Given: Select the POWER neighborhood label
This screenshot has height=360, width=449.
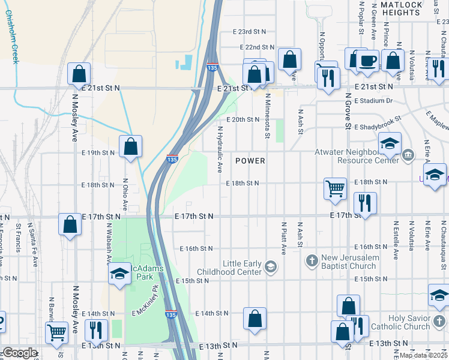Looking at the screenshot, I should click(250, 161).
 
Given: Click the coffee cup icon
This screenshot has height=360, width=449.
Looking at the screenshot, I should click(367, 60).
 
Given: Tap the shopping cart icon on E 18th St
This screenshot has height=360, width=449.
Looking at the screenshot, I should click(336, 188).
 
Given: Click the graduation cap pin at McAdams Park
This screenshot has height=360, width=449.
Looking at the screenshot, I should click(120, 274).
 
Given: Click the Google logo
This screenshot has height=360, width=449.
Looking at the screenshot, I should click(19, 353).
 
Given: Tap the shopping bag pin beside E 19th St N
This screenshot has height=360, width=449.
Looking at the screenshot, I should click(130, 146).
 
